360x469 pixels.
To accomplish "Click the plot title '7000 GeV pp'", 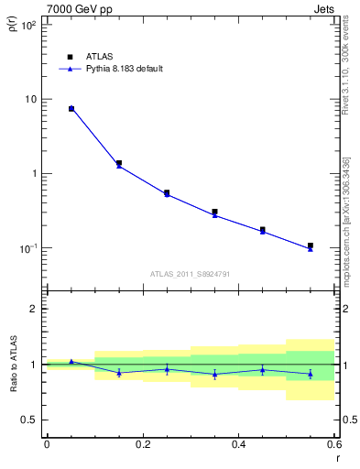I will click(75, 7).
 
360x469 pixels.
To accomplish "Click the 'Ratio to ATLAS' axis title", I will click(12, 365).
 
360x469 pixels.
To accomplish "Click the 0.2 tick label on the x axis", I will click(142, 444).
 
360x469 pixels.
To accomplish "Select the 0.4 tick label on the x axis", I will click(238, 444).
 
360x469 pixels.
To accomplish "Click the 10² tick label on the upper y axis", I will click(27, 25).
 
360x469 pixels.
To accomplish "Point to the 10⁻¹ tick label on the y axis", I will click(27, 248).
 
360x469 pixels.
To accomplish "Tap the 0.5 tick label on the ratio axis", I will click(29, 420).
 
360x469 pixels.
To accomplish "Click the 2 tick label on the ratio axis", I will click(34, 309).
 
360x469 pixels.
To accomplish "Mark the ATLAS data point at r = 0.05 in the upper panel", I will click(71, 109).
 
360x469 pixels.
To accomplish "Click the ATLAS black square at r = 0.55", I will click(311, 245).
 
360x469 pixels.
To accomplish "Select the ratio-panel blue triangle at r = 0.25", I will click(167, 369).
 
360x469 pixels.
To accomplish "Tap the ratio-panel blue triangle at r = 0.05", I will click(71, 362).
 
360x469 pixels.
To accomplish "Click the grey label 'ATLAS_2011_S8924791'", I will click(191, 274).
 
